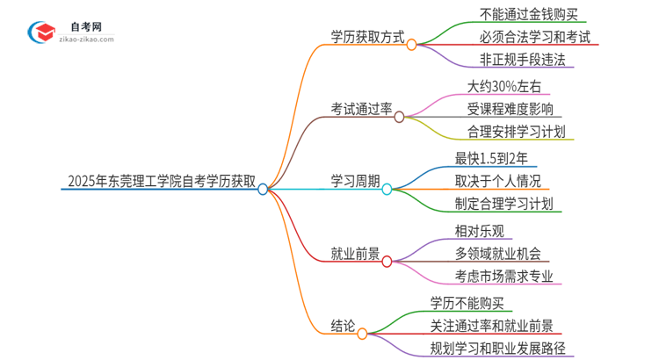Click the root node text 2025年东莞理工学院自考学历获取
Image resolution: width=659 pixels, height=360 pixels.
162,183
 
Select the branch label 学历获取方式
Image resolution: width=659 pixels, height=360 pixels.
367,40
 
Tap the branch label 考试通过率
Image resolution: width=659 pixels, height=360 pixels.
361,110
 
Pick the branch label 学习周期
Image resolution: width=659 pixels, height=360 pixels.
354,182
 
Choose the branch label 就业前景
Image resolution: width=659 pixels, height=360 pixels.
354,254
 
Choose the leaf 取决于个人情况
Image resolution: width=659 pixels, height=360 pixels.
497,181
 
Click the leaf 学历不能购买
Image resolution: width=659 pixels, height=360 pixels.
467,302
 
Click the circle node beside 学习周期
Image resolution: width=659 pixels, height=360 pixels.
387,189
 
